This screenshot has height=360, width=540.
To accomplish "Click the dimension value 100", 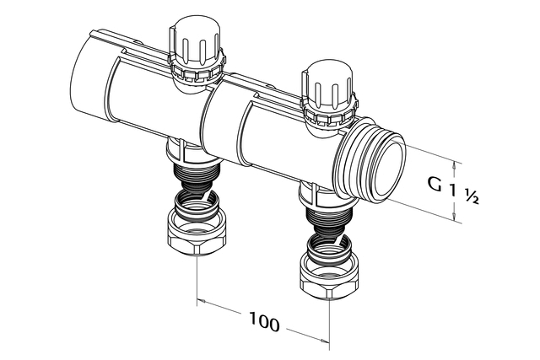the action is (264, 322).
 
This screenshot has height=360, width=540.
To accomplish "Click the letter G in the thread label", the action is (435, 183).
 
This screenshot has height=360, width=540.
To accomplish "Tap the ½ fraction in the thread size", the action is (472, 196).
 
